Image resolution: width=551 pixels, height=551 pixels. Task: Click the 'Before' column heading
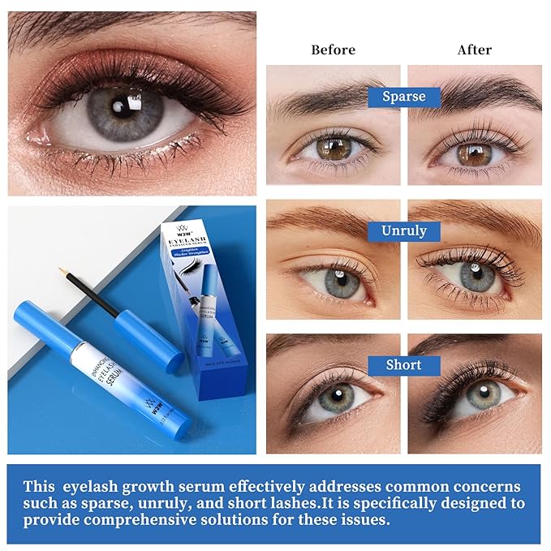click(333, 50)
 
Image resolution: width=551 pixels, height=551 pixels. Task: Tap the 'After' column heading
click(474, 50)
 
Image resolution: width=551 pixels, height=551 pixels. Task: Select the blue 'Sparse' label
click(403, 97)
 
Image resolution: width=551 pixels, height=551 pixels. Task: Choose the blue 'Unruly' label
click(403, 231)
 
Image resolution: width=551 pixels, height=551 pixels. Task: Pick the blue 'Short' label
click(403, 365)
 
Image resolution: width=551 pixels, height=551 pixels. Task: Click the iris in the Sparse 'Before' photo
click(330, 149)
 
